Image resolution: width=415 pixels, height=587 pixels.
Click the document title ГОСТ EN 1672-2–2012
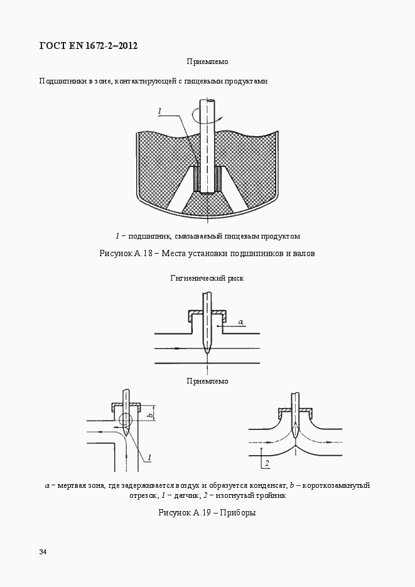tap(88, 45)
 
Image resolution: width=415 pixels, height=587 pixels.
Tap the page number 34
tap(43, 552)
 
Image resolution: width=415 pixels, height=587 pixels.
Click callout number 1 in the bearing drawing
tap(160, 111)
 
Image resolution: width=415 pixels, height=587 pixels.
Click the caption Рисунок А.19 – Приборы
tap(207, 512)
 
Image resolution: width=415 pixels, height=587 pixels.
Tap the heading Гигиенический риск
tap(207, 277)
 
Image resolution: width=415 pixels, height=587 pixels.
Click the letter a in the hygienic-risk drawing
tap(241, 321)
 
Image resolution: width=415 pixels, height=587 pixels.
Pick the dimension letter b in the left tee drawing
tap(150, 415)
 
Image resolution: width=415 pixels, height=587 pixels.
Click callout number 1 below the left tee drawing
tap(151, 456)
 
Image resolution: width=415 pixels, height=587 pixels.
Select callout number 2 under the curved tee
tap(267, 464)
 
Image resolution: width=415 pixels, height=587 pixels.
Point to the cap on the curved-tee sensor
tap(296, 411)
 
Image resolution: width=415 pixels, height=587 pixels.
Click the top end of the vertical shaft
tap(207, 101)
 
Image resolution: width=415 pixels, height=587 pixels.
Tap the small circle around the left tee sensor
tap(126, 420)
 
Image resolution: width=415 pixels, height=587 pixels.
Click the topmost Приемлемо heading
tap(207, 62)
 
